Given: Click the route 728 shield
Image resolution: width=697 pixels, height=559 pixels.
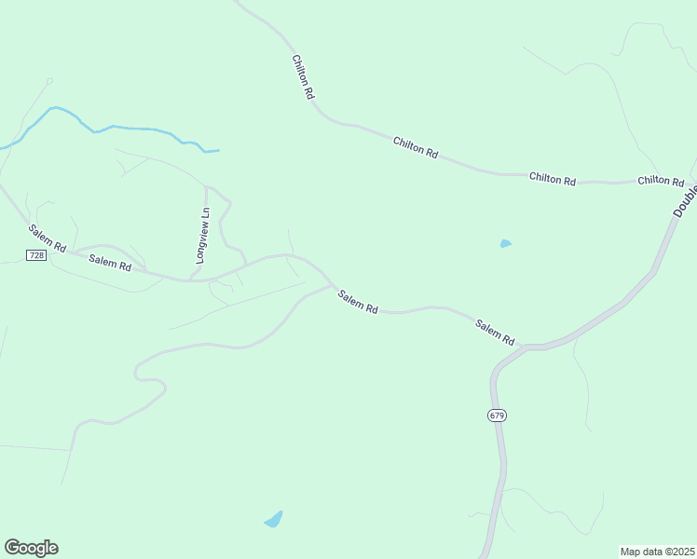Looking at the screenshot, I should click(36, 255).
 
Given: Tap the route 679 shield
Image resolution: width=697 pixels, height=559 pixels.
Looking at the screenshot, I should click(497, 416).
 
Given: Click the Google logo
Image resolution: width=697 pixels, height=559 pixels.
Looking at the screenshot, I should click(31, 548).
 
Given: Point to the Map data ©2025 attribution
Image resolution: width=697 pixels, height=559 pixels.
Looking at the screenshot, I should click(657, 552).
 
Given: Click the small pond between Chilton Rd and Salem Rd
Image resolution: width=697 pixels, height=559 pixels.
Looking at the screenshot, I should click(505, 244).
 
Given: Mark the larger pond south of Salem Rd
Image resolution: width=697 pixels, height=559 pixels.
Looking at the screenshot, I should click(273, 519).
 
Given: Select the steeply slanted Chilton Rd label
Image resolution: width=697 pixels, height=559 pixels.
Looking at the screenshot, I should click(304, 77).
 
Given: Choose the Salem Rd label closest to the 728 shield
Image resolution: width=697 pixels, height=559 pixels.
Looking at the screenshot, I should click(47, 239).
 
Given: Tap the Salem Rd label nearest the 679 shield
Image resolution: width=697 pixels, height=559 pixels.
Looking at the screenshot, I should click(495, 333).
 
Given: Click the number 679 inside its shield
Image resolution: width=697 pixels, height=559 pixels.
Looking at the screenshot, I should click(497, 416).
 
